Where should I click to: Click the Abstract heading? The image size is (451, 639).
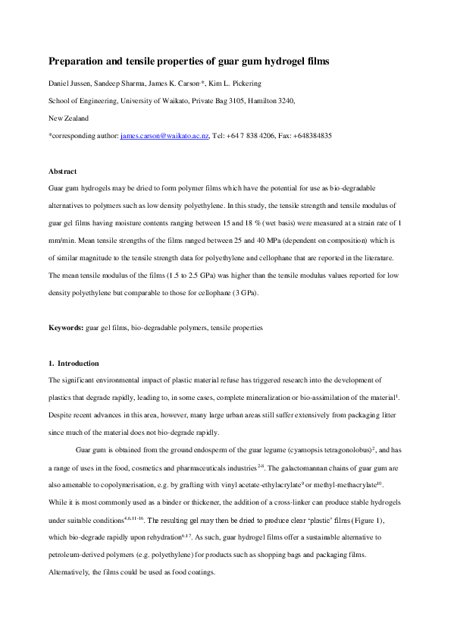point(62,172)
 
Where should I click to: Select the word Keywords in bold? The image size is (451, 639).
point(66,328)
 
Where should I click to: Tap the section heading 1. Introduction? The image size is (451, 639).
point(74,364)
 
